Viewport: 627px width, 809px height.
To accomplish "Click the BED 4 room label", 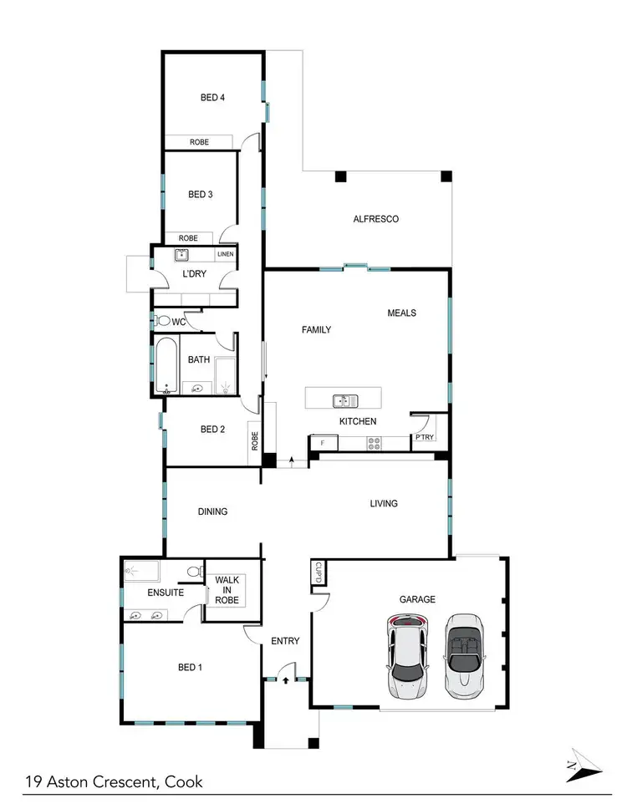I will [x=212, y=98].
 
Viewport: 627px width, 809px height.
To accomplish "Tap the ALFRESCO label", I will [x=375, y=219].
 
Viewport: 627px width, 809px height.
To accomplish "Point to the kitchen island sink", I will [x=343, y=400].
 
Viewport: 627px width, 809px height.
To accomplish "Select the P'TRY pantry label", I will [x=424, y=437].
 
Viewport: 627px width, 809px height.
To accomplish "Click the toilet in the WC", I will [x=163, y=320].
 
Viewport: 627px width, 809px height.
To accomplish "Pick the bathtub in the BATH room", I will [x=166, y=365].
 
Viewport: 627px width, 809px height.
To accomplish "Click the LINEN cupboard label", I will [x=226, y=254].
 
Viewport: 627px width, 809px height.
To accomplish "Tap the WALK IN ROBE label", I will [x=227, y=589].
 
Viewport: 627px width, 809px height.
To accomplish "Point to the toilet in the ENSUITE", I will [x=194, y=572].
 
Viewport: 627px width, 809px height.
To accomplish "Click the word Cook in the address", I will [x=183, y=783].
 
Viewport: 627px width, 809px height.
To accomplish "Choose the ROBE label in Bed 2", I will [x=254, y=438].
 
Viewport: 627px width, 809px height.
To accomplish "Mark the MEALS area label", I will [x=401, y=313].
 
